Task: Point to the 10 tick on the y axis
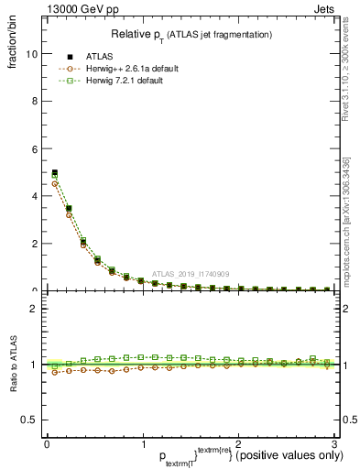click(x=33, y=53)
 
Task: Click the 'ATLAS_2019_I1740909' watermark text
click(x=190, y=274)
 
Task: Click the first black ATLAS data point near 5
click(x=55, y=172)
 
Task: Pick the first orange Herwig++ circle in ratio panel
click(x=55, y=372)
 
